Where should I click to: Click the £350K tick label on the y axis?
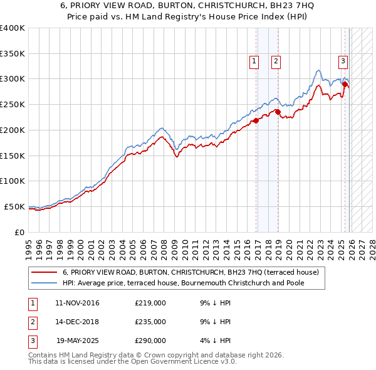click(13, 54)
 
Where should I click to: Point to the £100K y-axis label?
click(13, 181)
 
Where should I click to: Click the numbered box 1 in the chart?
click(254, 61)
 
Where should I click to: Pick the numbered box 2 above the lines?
click(276, 61)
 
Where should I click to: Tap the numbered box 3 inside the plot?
click(343, 61)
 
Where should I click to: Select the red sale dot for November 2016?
click(256, 121)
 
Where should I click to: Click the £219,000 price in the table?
click(150, 303)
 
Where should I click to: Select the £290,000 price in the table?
click(150, 341)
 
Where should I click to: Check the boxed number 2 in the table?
click(31, 322)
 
